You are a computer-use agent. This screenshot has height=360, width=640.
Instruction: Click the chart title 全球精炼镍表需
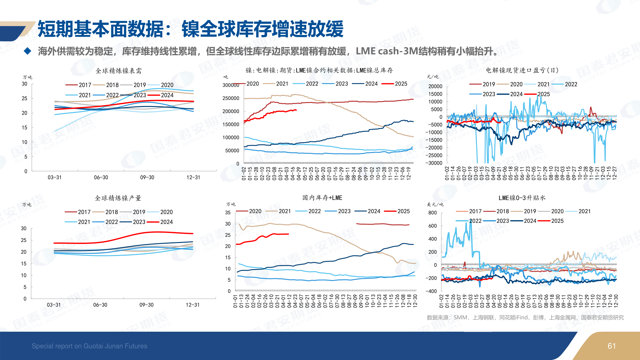point(119,71)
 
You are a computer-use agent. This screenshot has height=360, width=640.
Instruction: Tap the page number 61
point(612,346)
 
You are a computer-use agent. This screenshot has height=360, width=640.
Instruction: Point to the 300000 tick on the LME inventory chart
point(231,85)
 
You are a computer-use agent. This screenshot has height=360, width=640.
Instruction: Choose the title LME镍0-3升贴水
point(522,198)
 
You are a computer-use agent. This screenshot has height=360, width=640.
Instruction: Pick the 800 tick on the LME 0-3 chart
point(432,213)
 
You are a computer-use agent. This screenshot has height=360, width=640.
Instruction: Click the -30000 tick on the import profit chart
point(434,163)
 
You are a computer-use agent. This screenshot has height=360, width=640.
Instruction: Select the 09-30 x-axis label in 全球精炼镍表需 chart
point(147,177)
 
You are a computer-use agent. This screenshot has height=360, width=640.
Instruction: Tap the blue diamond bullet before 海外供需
point(28,51)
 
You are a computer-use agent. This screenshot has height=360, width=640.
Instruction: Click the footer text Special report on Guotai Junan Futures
point(89,346)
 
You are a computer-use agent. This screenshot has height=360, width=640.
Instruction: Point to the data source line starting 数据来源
point(525,317)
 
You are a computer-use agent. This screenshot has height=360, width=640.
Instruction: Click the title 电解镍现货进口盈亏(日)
point(522,70)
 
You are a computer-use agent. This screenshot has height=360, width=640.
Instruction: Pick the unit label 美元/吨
point(435,204)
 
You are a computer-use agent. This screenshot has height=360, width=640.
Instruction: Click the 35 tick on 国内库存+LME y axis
point(228,213)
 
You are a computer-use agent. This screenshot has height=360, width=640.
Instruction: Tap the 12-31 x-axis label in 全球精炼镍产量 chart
point(193,305)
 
